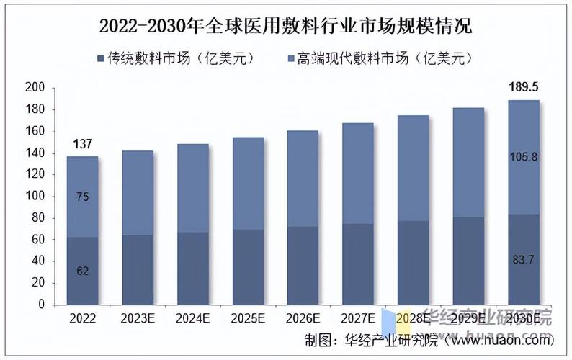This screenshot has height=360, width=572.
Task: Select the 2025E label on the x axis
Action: (x=248, y=318)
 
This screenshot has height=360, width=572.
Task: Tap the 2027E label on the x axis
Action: (x=357, y=318)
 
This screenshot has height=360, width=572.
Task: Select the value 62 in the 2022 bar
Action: (x=83, y=271)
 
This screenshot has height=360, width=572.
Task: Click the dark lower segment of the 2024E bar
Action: (x=193, y=268)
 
